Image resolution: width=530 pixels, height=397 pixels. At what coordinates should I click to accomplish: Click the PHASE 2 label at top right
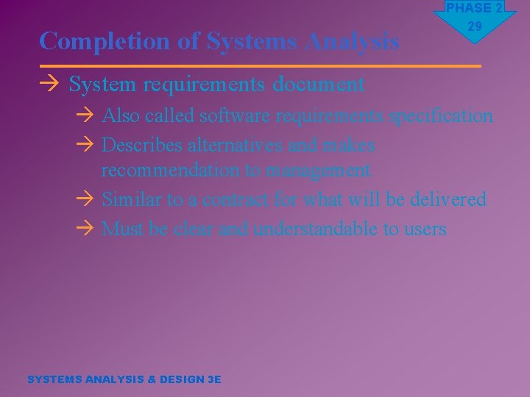[x=473, y=8]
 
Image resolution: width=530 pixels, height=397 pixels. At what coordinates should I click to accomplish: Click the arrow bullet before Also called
[x=85, y=116]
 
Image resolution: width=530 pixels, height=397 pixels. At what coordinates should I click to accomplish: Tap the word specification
[x=441, y=116]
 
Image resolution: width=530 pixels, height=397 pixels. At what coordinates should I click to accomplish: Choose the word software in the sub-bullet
[x=230, y=116]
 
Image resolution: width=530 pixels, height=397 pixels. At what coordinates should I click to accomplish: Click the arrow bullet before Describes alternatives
[x=85, y=146]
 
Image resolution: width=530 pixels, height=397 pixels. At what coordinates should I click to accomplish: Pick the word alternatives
[x=235, y=146]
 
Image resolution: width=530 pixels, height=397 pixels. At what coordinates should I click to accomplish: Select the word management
[x=318, y=171]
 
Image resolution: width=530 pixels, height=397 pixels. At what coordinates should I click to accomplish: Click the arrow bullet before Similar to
[x=85, y=199]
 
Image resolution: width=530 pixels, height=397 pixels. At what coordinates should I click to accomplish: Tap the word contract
[x=236, y=199]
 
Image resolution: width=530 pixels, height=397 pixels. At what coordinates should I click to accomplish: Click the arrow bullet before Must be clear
[x=85, y=229]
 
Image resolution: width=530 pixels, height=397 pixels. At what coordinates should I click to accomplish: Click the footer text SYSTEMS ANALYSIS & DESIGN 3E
[x=124, y=379]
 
